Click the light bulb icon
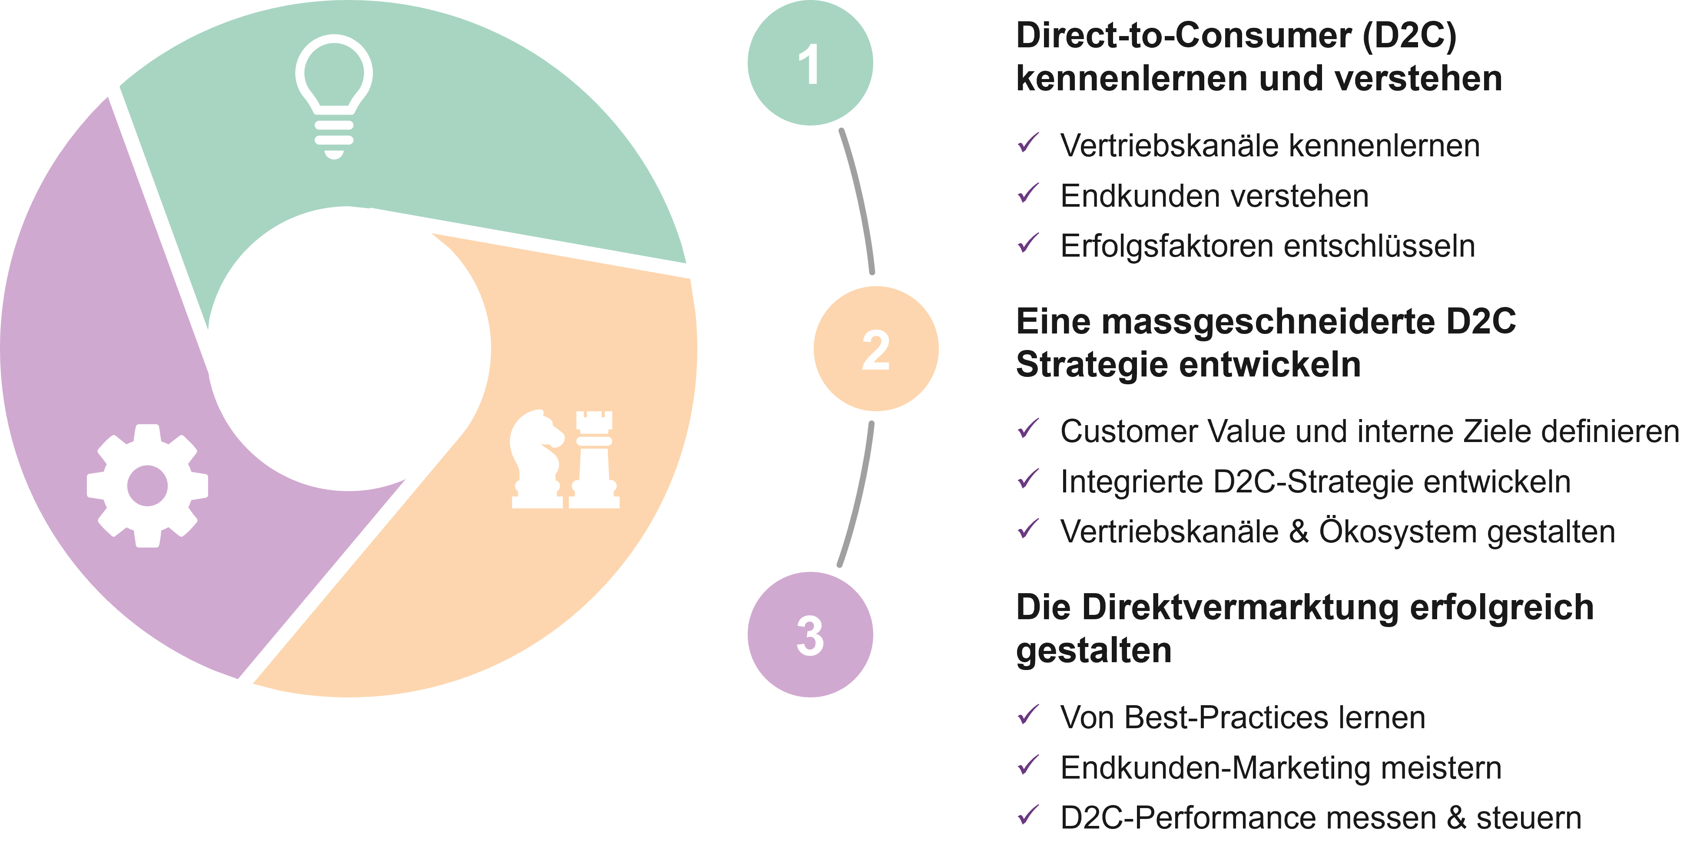pyautogui.click(x=334, y=96)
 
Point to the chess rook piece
pyautogui.click(x=594, y=459)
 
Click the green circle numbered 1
pyautogui.click(x=810, y=63)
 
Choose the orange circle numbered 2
pyautogui.click(x=876, y=349)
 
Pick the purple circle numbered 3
pyautogui.click(x=810, y=635)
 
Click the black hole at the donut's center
pyautogui.click(x=350, y=350)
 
